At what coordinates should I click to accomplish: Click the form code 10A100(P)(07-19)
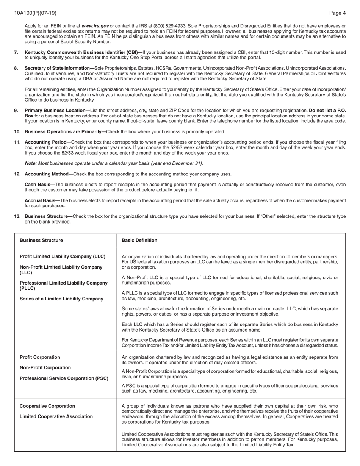tap(35, 13)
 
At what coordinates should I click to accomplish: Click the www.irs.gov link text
tap(95, 26)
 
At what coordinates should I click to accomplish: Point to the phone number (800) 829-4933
tap(169, 26)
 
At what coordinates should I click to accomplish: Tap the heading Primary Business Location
tap(56, 111)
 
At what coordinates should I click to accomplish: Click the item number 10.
tap(17, 132)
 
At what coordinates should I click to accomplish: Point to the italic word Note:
tap(31, 163)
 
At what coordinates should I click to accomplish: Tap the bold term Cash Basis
tap(39, 185)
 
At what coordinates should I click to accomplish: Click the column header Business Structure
tap(41, 240)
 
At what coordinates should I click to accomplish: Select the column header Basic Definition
tap(139, 240)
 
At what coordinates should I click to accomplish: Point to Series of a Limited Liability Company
tap(61, 299)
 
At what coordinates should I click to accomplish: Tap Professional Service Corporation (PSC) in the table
tap(64, 378)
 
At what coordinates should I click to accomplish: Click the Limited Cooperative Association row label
tap(56, 416)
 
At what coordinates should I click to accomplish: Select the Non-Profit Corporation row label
tap(45, 368)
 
